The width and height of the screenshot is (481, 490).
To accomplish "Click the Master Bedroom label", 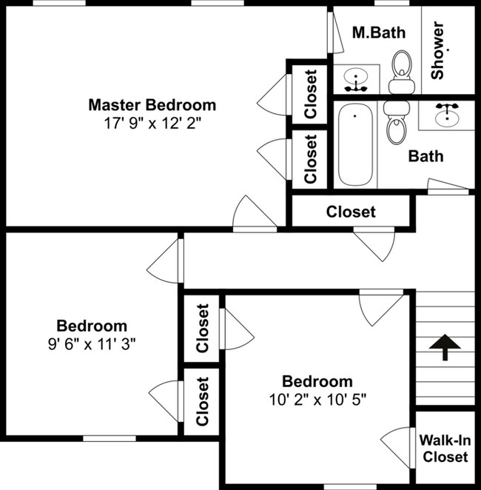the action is click(152, 105).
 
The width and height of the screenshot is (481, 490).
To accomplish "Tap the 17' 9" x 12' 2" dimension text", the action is click(152, 124).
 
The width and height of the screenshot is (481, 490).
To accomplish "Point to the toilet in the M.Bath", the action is click(402, 73).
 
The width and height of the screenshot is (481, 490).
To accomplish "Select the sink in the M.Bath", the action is click(356, 79).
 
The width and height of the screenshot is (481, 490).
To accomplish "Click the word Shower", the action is click(437, 50).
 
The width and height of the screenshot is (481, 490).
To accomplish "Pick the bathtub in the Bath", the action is click(355, 144).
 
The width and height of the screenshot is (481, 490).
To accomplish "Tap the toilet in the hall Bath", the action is click(397, 123).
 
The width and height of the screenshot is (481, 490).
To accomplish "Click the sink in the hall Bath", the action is click(447, 114).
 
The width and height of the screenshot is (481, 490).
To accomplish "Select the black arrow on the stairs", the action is click(445, 347).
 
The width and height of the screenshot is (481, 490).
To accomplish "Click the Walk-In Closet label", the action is click(445, 449).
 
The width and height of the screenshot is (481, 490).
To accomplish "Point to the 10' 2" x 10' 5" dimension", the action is click(317, 400).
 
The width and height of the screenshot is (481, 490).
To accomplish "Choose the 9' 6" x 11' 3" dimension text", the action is click(92, 344).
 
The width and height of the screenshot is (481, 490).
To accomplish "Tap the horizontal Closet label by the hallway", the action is click(351, 212).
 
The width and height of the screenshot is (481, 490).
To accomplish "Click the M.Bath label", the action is click(379, 33).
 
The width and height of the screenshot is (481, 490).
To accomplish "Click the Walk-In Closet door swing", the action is click(395, 447).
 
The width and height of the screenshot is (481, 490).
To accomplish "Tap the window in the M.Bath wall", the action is click(391, 3).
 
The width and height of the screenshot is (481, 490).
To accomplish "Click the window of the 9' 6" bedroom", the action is click(110, 438).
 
